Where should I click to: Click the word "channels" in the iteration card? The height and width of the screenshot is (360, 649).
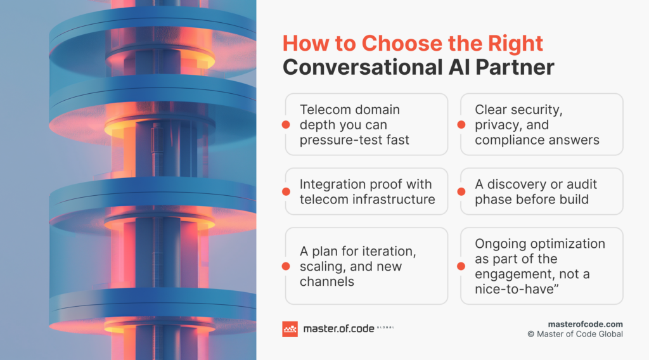(x=327, y=281)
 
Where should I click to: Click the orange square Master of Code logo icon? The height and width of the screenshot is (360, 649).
(x=290, y=329)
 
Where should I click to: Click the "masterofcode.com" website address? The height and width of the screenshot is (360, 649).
(x=585, y=323)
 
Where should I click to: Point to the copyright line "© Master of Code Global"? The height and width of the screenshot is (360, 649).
(x=575, y=334)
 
